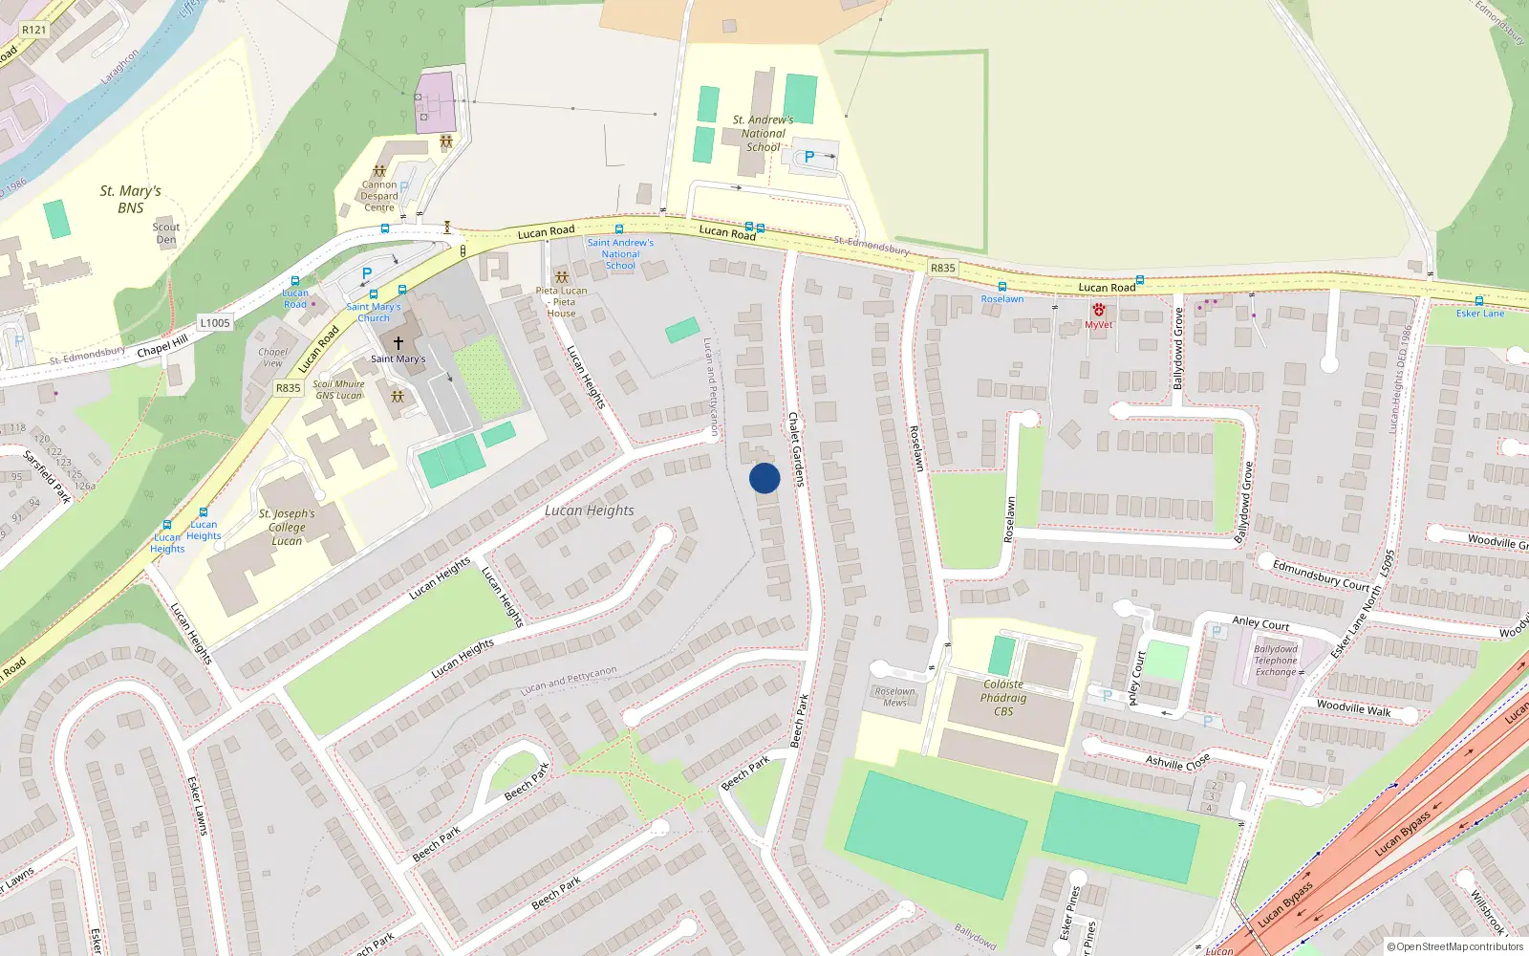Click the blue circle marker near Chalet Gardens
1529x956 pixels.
[764, 478]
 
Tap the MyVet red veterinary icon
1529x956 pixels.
[1099, 311]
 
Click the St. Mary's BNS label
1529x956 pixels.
[130, 199]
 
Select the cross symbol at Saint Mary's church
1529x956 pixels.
[398, 342]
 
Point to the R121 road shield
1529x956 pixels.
[33, 30]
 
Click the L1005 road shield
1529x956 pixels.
[215, 323]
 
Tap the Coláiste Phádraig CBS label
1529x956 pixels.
[1003, 698]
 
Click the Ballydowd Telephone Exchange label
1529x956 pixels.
[1276, 661]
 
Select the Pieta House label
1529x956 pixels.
[562, 302]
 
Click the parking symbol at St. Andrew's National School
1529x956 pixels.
[809, 157]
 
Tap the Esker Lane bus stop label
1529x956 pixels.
[1479, 314]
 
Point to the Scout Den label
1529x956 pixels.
[166, 233]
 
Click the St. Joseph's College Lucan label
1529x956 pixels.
[287, 527]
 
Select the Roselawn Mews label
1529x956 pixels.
[894, 697]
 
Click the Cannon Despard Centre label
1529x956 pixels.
[379, 196]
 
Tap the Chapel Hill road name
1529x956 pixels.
[162, 346]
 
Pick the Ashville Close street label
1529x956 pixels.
[1177, 762]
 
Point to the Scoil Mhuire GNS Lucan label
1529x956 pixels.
[339, 390]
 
